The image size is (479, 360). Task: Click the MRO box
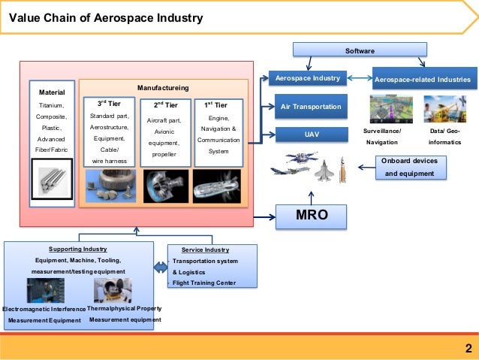point(312,217)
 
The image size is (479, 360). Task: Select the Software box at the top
point(360,50)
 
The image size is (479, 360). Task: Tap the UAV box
point(312,135)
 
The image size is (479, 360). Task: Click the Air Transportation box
point(311,107)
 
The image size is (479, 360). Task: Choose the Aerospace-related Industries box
point(423,78)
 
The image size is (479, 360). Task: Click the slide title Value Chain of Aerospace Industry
point(105,17)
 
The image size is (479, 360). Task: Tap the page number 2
point(468,348)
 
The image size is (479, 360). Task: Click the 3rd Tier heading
point(111,104)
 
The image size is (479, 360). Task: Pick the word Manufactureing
point(163,87)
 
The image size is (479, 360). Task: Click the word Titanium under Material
point(51,106)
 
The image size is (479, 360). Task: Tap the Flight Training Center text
point(203,283)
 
